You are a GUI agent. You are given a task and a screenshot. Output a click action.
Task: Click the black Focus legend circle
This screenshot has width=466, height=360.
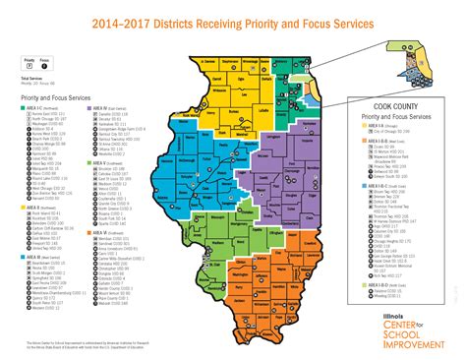(x=46, y=65)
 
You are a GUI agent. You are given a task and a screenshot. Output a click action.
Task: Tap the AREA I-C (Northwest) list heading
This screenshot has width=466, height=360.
(x=34, y=110)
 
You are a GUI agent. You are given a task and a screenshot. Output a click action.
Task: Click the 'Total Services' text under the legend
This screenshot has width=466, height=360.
(x=31, y=79)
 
